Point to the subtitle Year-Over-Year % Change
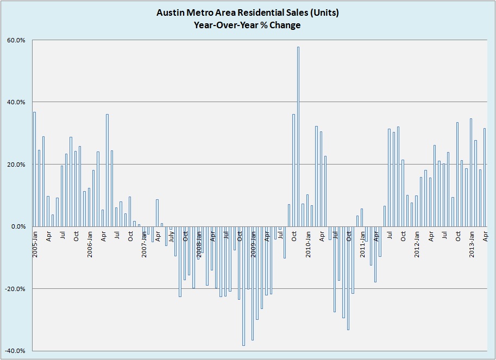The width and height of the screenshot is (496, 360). click(247, 25)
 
